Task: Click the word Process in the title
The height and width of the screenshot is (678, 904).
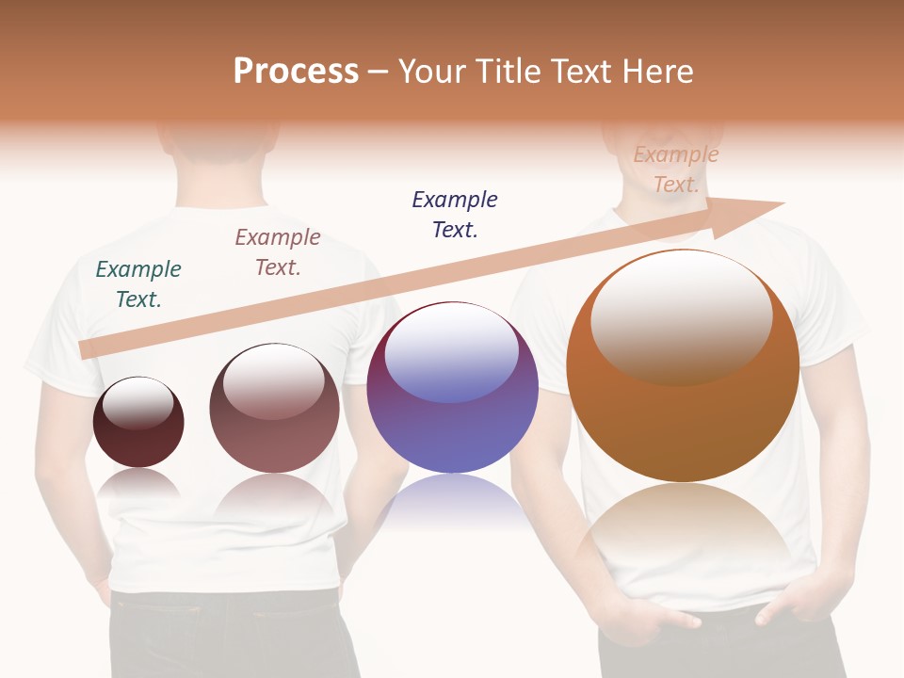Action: [296, 72]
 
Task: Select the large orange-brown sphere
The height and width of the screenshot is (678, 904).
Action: [683, 424]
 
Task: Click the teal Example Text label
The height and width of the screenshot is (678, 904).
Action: [138, 284]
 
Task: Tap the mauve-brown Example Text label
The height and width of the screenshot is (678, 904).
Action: [278, 252]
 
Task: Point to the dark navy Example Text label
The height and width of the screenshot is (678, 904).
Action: [455, 215]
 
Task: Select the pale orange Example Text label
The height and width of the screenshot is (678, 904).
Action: [676, 169]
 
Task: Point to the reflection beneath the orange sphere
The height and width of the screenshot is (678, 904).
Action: [683, 527]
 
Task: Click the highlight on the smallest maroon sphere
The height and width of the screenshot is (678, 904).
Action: [138, 403]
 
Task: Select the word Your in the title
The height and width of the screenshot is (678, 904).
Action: [429, 72]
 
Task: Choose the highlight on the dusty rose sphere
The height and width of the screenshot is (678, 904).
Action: [274, 382]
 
